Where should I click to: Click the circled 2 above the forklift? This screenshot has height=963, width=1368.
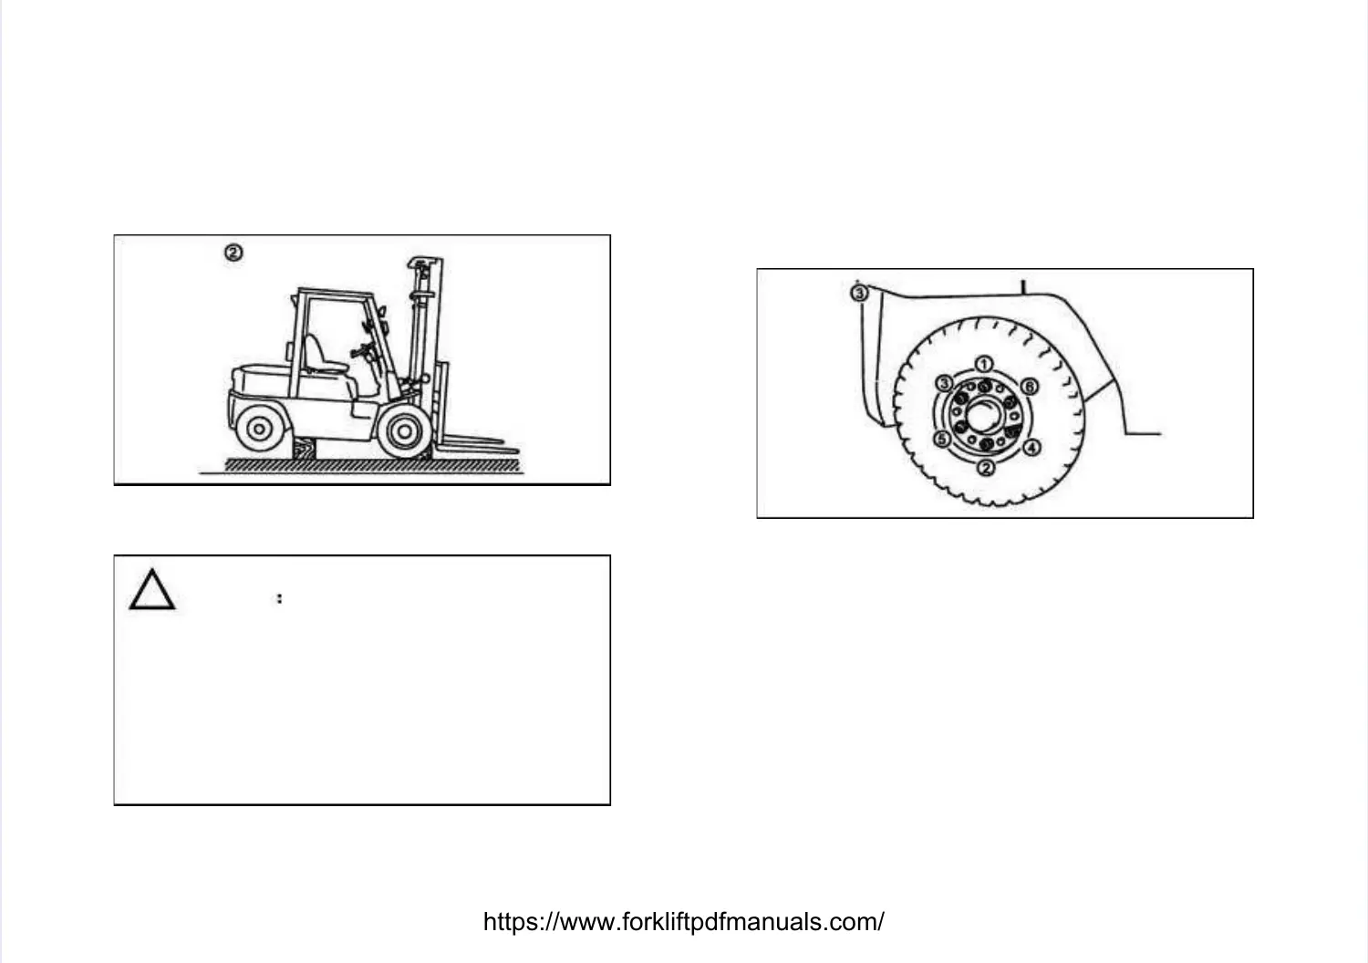pyautogui.click(x=233, y=253)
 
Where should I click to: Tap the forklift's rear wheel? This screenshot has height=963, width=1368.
pyautogui.click(x=259, y=428)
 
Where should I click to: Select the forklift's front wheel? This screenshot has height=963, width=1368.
pyautogui.click(x=402, y=430)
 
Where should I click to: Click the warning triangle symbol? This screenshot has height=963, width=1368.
pyautogui.click(x=151, y=590)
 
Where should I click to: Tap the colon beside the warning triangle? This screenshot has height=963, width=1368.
pyautogui.click(x=279, y=598)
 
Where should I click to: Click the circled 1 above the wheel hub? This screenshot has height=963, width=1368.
pyautogui.click(x=985, y=365)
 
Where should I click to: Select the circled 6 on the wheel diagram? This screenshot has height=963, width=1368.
pyautogui.click(x=1028, y=387)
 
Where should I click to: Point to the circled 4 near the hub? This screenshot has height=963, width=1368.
pyautogui.click(x=1031, y=448)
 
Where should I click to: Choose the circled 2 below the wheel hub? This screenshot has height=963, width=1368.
pyautogui.click(x=986, y=468)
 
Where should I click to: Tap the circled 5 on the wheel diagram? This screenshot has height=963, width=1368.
pyautogui.click(x=943, y=440)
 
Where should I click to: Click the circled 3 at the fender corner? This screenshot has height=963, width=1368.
pyautogui.click(x=858, y=293)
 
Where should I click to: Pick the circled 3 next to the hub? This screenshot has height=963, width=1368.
pyautogui.click(x=946, y=383)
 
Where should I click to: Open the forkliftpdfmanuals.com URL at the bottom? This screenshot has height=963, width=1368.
pyautogui.click(x=683, y=922)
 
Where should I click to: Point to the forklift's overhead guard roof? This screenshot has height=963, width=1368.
pyautogui.click(x=334, y=294)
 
